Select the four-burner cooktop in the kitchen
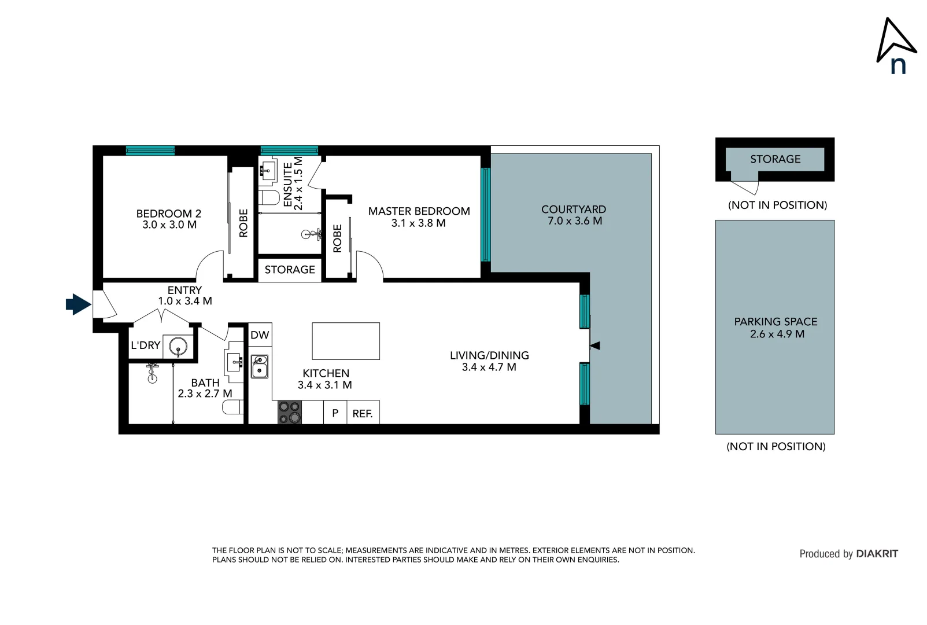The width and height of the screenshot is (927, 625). tap(290, 412)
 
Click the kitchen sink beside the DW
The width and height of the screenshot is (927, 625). tap(260, 366)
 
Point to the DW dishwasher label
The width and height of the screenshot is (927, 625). tap(260, 335)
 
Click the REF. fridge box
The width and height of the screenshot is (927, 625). tap(363, 413)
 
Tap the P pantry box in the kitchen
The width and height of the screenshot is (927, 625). tap(335, 413)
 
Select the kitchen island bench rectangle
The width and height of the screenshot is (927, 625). tap(346, 341)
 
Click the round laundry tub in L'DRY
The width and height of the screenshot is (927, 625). tap(178, 347)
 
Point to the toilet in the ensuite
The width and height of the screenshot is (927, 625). tap(269, 197)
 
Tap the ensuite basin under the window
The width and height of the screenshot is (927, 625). tap(267, 170)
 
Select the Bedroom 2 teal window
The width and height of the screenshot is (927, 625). tap(150, 150)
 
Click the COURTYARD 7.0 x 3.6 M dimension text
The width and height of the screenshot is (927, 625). tap(574, 221)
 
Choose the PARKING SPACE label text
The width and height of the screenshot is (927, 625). tap(775, 322)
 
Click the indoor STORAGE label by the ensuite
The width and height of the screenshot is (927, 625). tap(290, 270)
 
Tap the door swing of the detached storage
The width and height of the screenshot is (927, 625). tap(747, 187)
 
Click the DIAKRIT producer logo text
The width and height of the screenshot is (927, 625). tap(877, 554)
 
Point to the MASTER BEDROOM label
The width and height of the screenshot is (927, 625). tap(419, 211)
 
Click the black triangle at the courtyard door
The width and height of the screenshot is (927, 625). tap(595, 345)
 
